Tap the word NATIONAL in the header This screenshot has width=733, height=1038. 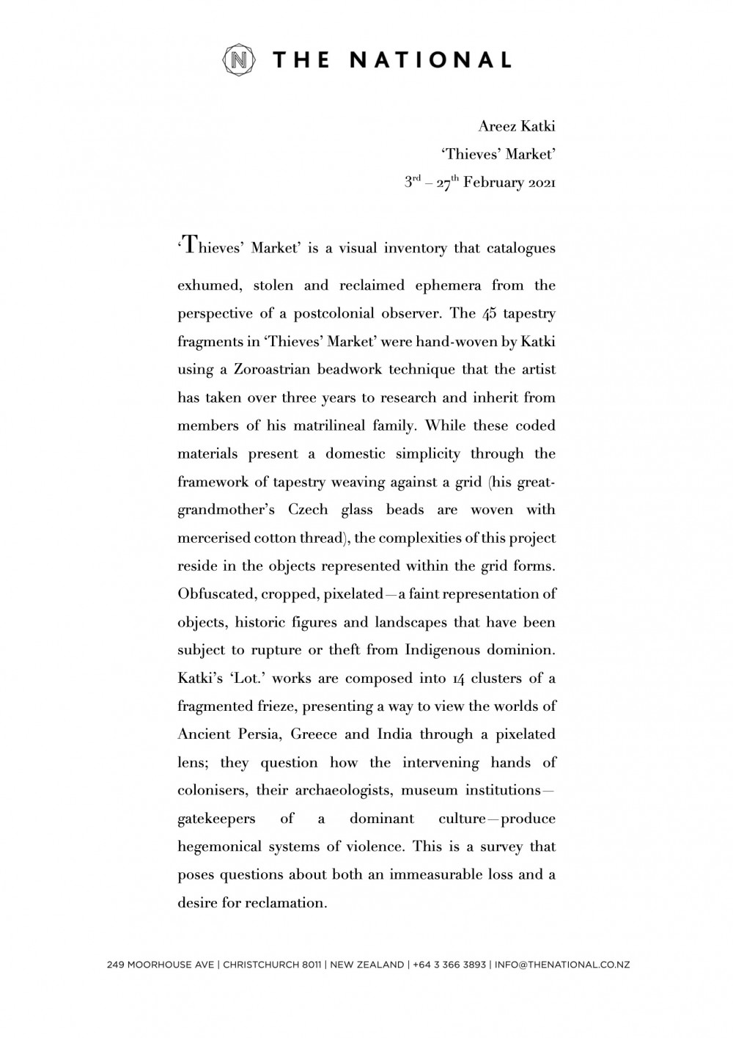[x=430, y=60]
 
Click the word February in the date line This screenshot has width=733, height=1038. [x=495, y=183]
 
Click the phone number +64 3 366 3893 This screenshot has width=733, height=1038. [x=451, y=965]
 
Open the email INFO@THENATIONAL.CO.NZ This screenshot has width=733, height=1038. [x=562, y=965]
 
